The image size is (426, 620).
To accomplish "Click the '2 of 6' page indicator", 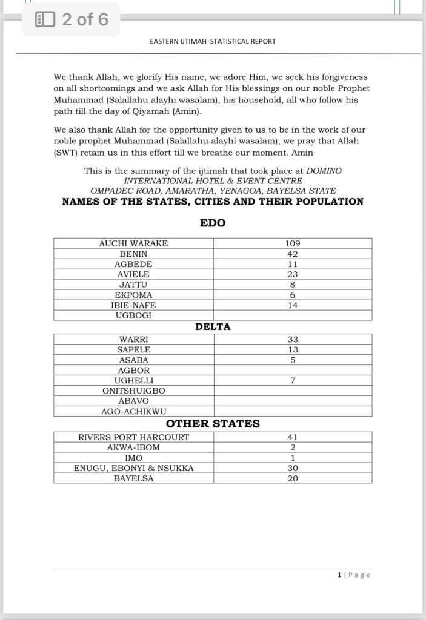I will (x=85, y=19).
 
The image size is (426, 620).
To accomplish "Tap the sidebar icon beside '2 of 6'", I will (x=45, y=19).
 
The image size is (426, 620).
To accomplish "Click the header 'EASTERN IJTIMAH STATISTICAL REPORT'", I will (x=213, y=41).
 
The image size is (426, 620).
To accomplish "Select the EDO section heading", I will (x=213, y=223).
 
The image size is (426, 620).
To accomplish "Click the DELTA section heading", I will (x=213, y=326).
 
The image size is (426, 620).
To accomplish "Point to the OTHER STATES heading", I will (x=213, y=424).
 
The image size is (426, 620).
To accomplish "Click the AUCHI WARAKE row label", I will (x=133, y=243).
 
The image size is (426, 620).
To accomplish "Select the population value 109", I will (x=293, y=243).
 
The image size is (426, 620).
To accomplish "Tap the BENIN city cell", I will (x=133, y=254).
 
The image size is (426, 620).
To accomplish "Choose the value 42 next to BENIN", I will (x=293, y=254).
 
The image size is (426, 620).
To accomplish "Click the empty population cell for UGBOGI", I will (x=293, y=315).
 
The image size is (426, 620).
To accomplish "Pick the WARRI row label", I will (x=133, y=340).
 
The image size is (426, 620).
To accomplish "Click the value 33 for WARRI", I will (x=293, y=340).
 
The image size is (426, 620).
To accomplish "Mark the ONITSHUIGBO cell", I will (x=133, y=391).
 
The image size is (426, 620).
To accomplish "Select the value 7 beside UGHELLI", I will (x=293, y=381).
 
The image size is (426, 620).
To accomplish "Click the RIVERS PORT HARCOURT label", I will (x=133, y=437).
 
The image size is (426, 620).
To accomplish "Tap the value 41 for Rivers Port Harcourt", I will (x=293, y=437).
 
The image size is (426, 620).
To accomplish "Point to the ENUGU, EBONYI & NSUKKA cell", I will (x=133, y=468).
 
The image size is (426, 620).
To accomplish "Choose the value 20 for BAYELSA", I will (x=293, y=478).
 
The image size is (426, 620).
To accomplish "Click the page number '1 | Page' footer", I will (x=353, y=575).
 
